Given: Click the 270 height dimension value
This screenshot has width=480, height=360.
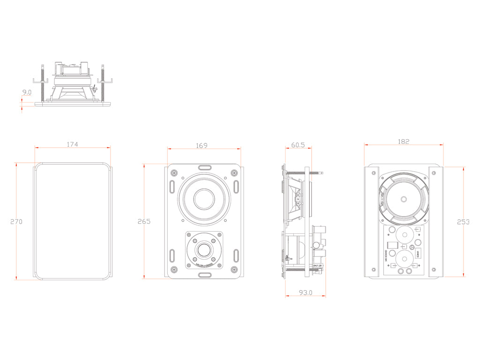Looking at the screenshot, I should click(16, 222).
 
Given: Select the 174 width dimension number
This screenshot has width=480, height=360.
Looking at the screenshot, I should click(72, 144).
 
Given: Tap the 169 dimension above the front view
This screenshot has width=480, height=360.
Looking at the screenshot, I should click(201, 146).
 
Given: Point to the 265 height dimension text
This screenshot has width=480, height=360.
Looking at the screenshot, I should click(144, 222).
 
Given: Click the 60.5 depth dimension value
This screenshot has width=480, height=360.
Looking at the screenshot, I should click(298, 145).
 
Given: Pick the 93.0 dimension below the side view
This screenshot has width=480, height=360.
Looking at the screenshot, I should click(305, 292).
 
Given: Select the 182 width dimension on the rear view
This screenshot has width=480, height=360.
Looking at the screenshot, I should click(403, 141).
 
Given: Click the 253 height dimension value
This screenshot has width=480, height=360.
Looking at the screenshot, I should click(463, 222).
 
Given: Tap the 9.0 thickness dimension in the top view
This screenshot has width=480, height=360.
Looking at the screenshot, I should click(27, 93).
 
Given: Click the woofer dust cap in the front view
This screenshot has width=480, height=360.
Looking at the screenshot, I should click(204, 199).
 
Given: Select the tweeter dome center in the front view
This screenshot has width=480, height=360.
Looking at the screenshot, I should click(204, 250).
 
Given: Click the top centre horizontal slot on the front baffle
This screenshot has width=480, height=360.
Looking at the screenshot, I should click(204, 167).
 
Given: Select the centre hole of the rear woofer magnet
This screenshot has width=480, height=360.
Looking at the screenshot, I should click(403, 199).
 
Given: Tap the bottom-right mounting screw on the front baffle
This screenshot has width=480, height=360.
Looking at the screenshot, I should click(233, 270).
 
